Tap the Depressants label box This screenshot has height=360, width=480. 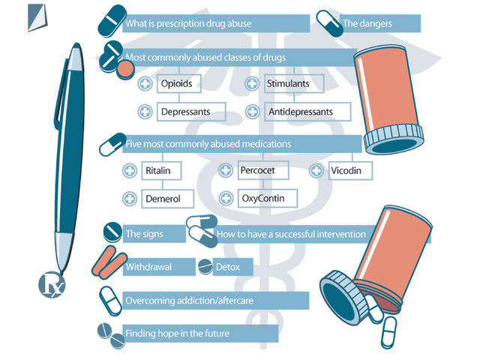point(190,112)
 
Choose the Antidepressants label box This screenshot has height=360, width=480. point(307,112)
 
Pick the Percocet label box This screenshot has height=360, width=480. point(262,171)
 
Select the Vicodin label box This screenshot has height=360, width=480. point(350,171)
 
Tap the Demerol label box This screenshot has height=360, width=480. point(168,199)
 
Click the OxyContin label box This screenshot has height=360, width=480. point(265,199)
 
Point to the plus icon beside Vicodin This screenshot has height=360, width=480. point(316,171)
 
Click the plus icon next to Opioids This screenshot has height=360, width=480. point(145,84)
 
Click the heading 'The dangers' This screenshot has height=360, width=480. point(367,24)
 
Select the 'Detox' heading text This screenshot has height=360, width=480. point(228,266)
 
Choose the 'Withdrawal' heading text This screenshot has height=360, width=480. point(148,266)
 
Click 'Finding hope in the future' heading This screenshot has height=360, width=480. point(177,333)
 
